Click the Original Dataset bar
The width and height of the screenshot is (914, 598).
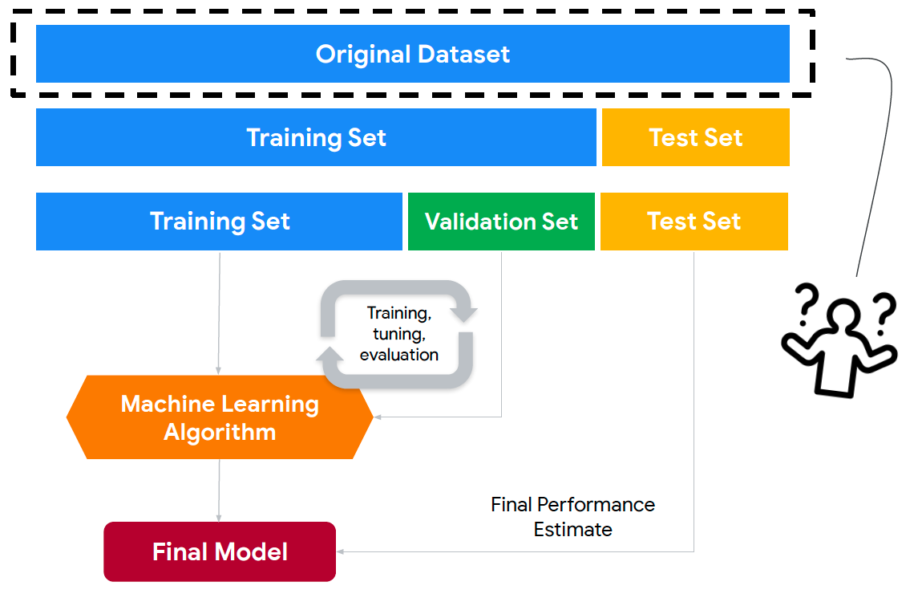[x=413, y=54]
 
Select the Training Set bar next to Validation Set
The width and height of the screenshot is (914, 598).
[x=219, y=222]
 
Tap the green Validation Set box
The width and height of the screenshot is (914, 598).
[x=501, y=222]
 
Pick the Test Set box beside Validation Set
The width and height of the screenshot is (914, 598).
[x=694, y=222]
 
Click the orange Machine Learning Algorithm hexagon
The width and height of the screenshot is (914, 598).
[x=220, y=417]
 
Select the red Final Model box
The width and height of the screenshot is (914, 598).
[x=220, y=551]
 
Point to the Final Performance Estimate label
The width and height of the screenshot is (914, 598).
[x=573, y=517]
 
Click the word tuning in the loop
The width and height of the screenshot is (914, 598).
[x=399, y=334]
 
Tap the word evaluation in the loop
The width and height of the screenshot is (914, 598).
[x=399, y=355]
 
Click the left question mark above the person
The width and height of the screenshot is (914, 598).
[x=807, y=303]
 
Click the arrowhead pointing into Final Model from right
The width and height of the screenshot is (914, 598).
[x=341, y=551]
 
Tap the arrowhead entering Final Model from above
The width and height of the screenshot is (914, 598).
[x=219, y=518]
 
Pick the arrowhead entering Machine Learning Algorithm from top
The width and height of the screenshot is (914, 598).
[x=219, y=371]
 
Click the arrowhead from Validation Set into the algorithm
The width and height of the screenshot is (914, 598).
[x=378, y=417]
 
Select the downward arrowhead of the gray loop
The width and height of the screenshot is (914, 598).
[x=464, y=314]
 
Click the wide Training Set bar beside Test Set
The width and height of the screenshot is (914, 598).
[x=316, y=138]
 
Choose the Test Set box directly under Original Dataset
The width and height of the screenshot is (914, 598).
[x=696, y=138]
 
